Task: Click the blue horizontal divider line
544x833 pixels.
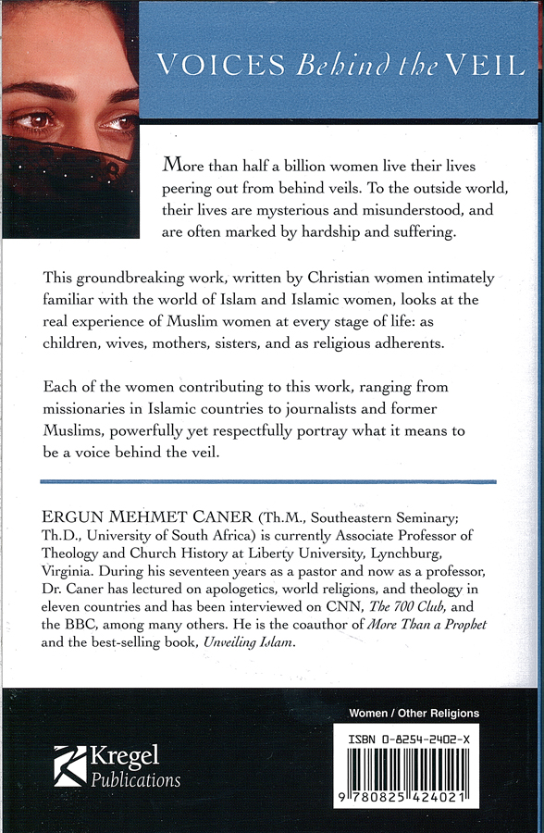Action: coord(268,481)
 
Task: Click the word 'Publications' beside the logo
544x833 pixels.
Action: coord(136,780)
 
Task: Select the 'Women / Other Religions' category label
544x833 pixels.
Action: coord(414,714)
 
